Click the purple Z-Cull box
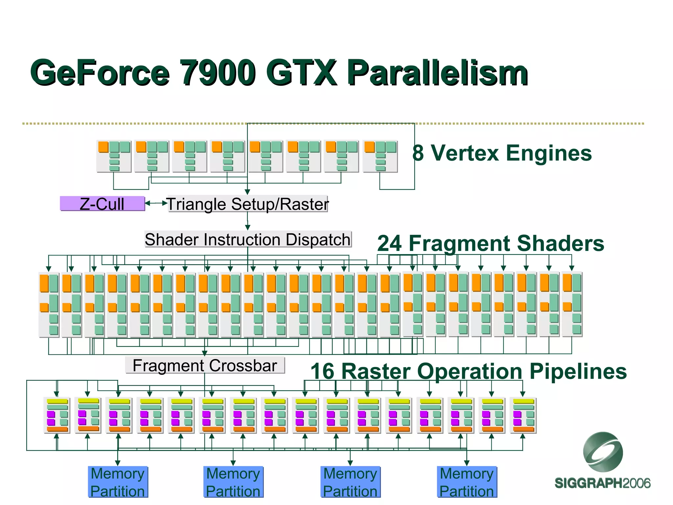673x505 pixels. click(x=102, y=204)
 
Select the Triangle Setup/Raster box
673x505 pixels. click(x=248, y=204)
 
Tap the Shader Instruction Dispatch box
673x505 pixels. click(x=248, y=239)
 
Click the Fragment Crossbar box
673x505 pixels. click(x=205, y=365)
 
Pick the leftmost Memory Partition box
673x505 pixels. click(x=118, y=482)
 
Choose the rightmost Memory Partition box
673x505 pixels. click(x=467, y=482)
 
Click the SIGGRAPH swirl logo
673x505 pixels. click(x=603, y=452)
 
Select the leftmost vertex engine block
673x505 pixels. click(x=114, y=156)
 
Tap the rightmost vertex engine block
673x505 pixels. click(x=380, y=156)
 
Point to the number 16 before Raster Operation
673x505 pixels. click(x=322, y=371)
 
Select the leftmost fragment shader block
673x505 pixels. click(x=49, y=304)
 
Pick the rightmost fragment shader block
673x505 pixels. click(x=572, y=304)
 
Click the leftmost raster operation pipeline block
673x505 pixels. click(x=57, y=415)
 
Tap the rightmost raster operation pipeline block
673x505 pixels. click(x=523, y=415)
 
